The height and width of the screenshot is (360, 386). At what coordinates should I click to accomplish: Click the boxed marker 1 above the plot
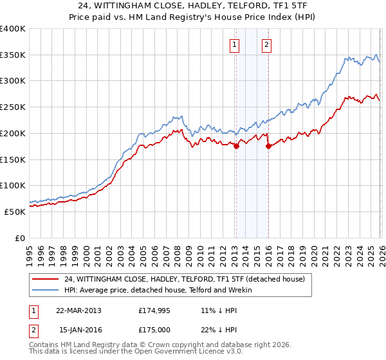(234, 45)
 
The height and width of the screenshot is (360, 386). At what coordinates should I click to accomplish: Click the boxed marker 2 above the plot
(266, 45)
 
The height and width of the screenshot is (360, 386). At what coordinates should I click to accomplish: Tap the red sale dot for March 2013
(236, 146)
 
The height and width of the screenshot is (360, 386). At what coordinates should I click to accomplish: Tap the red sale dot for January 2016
(268, 146)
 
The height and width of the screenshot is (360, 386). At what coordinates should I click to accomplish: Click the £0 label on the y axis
(19, 238)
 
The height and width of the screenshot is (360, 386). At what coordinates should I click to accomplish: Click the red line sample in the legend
(45, 279)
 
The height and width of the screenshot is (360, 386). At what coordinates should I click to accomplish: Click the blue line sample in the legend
(45, 290)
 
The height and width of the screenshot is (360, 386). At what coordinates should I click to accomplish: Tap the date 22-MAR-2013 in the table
(78, 310)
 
